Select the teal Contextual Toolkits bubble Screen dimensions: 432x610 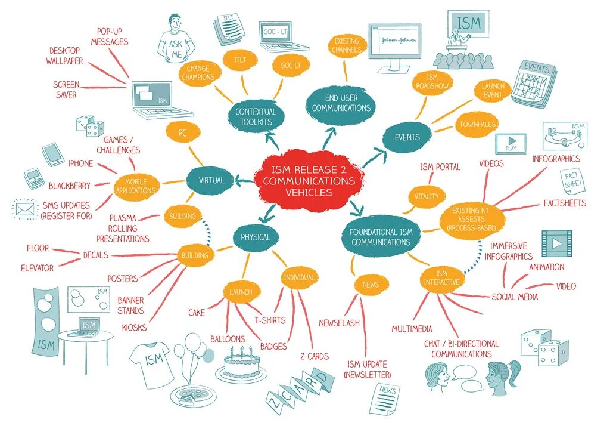(256, 116)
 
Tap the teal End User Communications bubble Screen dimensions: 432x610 (341, 103)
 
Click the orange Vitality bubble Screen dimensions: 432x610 (427, 196)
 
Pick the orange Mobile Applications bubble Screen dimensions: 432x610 (136, 186)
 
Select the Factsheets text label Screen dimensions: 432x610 (564, 203)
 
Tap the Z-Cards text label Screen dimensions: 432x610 (315, 357)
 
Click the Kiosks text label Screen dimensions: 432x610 (134, 327)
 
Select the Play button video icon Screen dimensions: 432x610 (511, 144)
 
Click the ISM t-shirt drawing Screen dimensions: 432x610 (152, 362)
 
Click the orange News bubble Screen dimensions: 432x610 (371, 285)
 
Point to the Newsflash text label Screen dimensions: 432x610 (339, 323)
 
